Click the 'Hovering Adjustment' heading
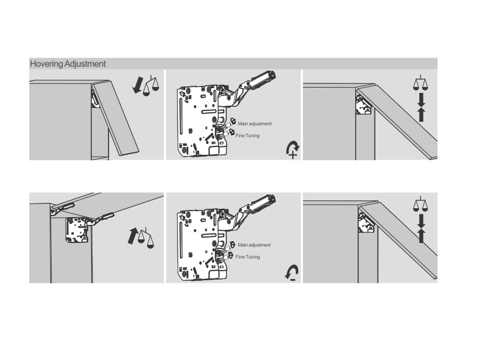pos(68,64)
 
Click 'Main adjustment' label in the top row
pos(254,124)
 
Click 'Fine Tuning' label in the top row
pos(248,136)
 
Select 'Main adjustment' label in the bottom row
pos(254,245)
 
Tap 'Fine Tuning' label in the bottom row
pos(248,257)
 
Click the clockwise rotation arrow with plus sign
pos(292,149)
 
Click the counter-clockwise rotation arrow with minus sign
pos(292,273)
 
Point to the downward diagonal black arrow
pos(137,85)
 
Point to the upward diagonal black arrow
pos(133,236)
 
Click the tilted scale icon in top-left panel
pos(151,85)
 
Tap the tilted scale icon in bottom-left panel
pos(146,238)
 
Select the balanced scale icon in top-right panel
pos(421,83)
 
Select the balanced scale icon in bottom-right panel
pos(421,204)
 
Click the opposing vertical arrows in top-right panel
pos(421,107)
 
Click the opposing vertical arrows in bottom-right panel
pos(421,229)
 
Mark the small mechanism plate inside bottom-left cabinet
pos(77,230)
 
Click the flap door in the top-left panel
pos(116,118)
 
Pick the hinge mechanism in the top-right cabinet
pos(364,104)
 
